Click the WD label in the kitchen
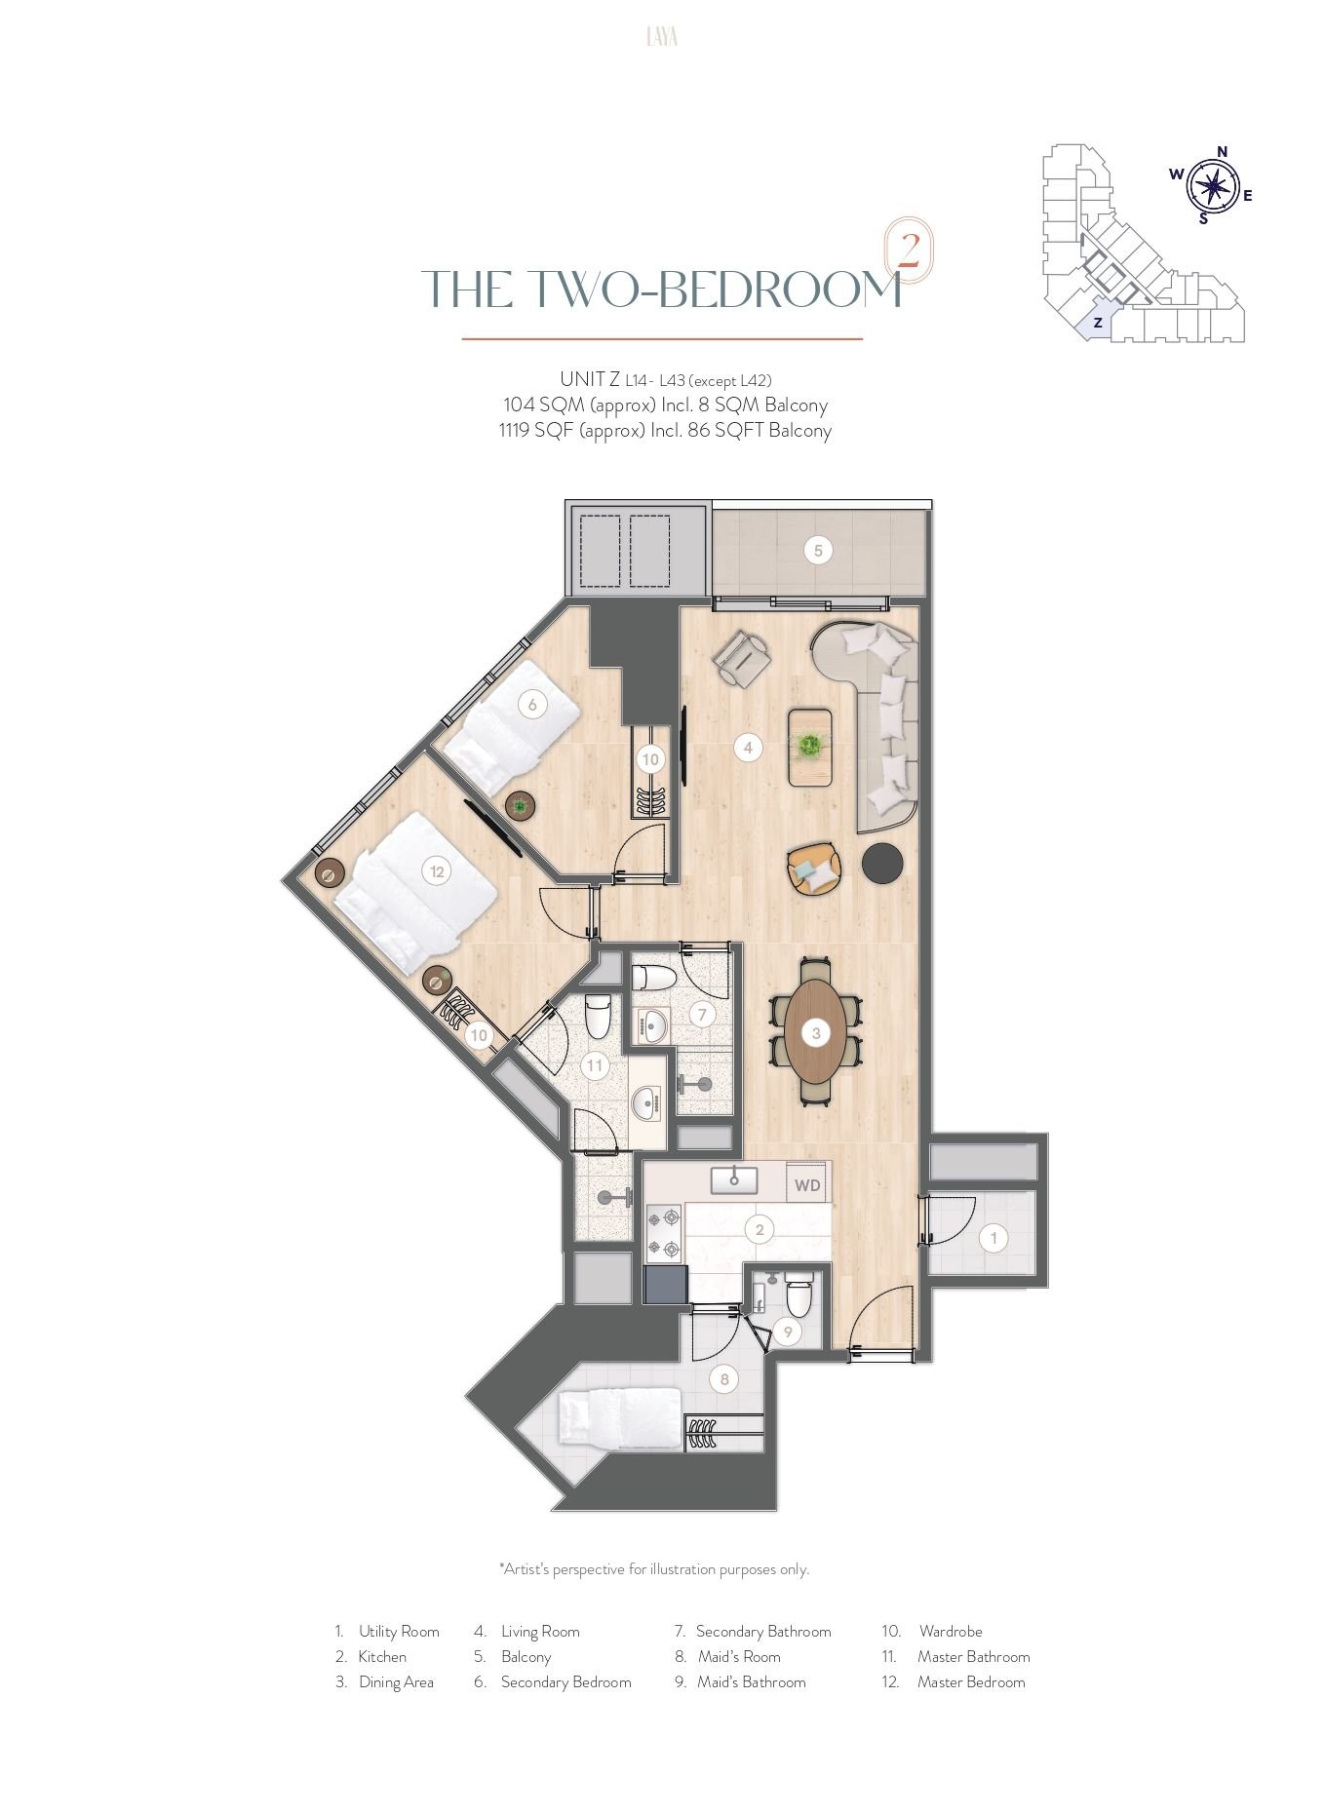[807, 1185]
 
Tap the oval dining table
[816, 1032]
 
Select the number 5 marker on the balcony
[818, 551]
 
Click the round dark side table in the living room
[883, 863]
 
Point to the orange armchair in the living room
[814, 867]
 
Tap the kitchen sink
[734, 1180]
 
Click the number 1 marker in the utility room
[994, 1238]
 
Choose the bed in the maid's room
[618, 1418]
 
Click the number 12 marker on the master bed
[437, 871]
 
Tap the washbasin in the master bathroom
[645, 1103]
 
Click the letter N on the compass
[1222, 151]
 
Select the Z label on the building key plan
[1098, 323]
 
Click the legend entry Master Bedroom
[971, 1681]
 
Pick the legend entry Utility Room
[399, 1631]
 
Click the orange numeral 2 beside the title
[908, 252]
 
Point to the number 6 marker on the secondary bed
[532, 704]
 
